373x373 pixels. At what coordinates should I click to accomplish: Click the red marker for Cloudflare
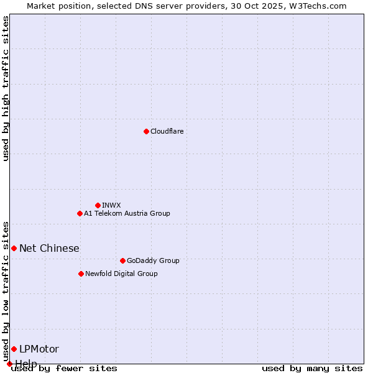coord(146,131)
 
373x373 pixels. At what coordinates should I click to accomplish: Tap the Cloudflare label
coord(167,131)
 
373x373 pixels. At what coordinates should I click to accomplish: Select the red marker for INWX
coord(98,205)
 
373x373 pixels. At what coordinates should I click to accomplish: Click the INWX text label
coord(111,205)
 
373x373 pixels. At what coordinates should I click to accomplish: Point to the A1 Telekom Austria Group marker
coord(80,213)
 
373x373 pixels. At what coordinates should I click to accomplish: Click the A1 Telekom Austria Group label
coord(127,213)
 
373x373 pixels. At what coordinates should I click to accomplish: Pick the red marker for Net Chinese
coord(14,248)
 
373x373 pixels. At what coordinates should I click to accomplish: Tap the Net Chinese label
coord(49,248)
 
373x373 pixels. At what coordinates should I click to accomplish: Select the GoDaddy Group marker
coord(122,260)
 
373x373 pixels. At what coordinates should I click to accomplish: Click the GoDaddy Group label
coord(153,260)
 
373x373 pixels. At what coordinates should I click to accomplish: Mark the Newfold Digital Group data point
coord(81,274)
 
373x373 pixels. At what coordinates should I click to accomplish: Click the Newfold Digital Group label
coord(121,274)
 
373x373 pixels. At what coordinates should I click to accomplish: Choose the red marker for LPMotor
coord(14,349)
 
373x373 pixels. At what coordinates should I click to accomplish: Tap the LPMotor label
coord(39,349)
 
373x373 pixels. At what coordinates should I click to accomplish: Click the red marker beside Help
coord(9,364)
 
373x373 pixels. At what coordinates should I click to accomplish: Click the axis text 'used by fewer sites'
coord(64,369)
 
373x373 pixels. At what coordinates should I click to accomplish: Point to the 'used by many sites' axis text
coord(312,369)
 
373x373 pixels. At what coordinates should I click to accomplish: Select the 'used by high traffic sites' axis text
coord(6,88)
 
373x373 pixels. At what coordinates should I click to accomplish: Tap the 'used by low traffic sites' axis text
coord(6,291)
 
